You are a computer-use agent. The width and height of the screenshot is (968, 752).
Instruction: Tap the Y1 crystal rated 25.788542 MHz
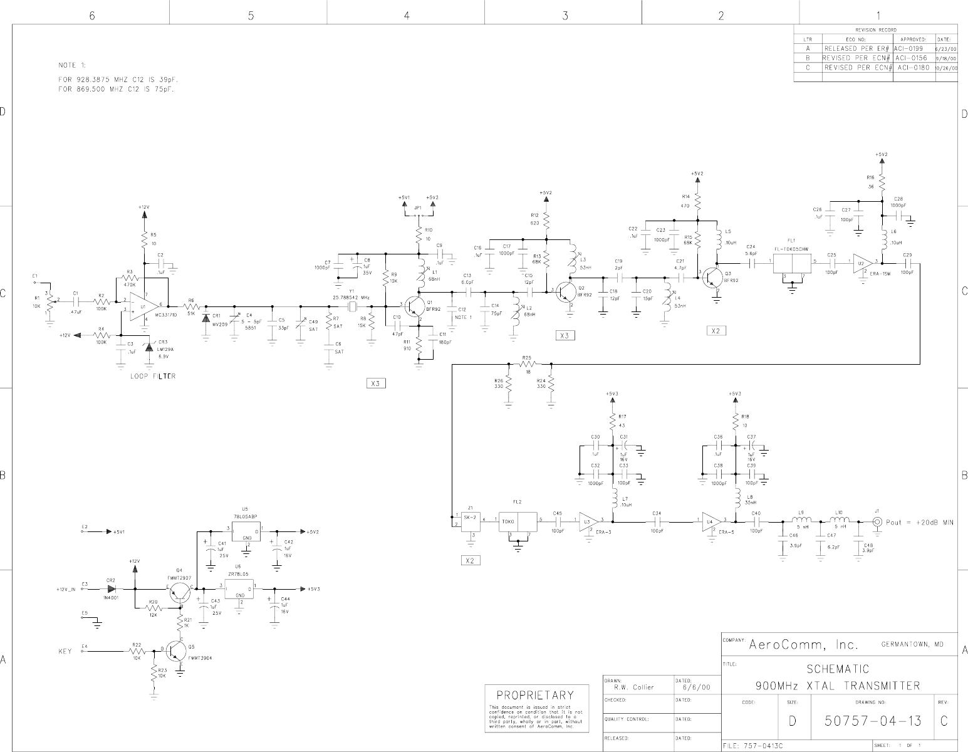(x=352, y=306)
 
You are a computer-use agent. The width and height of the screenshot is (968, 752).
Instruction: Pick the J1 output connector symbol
(x=878, y=521)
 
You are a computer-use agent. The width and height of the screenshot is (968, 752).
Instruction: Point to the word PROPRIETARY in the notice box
(x=535, y=695)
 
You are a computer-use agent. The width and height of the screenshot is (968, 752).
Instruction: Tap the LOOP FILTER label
(x=152, y=376)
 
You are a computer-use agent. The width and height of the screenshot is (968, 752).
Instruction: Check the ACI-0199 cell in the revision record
(x=908, y=48)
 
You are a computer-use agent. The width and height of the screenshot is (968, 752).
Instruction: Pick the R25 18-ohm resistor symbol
(x=528, y=363)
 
